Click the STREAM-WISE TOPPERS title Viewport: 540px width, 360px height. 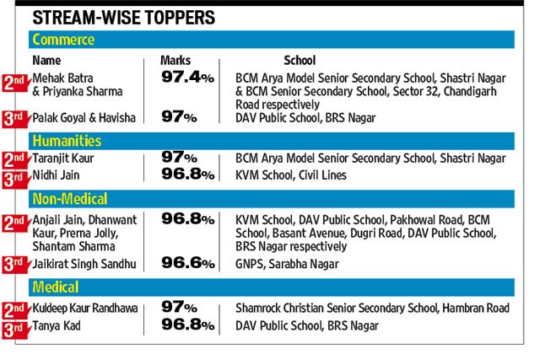(124, 18)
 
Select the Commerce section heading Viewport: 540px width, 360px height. (63, 40)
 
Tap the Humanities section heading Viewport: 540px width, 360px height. (67, 141)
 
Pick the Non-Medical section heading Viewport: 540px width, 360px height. (70, 199)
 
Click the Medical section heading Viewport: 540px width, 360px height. (56, 287)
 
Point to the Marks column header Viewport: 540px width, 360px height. (175, 60)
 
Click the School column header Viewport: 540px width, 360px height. (300, 60)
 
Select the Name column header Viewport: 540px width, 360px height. (46, 60)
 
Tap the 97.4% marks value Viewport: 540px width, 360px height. (187, 77)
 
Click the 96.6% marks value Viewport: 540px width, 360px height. (188, 263)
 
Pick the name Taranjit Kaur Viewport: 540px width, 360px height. (63, 159)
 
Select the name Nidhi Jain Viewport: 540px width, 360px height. (56, 175)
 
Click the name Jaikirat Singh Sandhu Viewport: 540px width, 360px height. (84, 264)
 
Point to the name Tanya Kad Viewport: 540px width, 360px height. (57, 325)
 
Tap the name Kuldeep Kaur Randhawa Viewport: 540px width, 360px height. (85, 308)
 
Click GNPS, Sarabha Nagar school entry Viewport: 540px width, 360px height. (287, 264)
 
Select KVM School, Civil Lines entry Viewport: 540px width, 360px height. (291, 175)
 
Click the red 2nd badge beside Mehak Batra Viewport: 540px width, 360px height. (15, 83)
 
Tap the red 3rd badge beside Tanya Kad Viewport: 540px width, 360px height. (15, 330)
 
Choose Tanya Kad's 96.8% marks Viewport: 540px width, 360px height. (188, 325)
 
